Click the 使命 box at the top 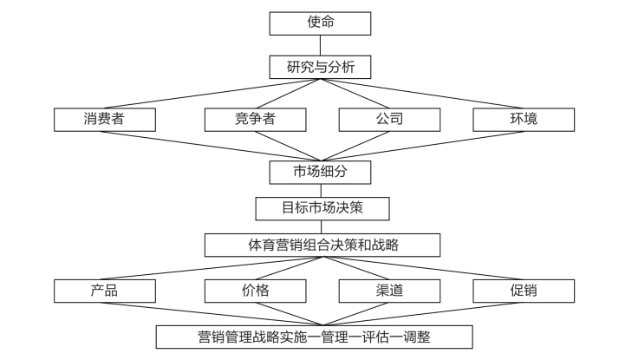click(320, 23)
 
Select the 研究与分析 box click(320, 67)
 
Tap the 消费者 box click(105, 120)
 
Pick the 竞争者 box click(256, 120)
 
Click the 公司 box click(389, 120)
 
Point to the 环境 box click(524, 120)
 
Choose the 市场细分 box click(320, 173)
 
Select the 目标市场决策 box click(322, 208)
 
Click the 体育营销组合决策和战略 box click(322, 245)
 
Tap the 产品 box click(105, 291)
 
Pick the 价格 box click(256, 291)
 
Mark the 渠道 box click(389, 291)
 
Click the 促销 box click(524, 291)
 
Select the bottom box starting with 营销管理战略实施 click(315, 337)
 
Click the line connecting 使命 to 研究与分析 click(320, 45)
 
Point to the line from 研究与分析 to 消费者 click(212, 94)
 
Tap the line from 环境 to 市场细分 click(422, 146)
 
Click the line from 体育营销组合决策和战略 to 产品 click(212, 268)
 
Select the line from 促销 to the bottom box click(423, 314)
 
